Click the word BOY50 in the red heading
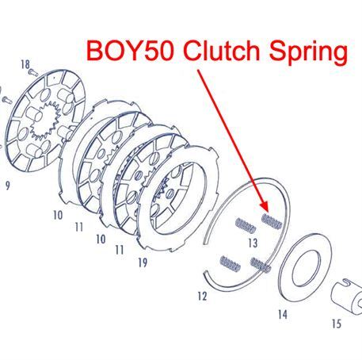[x=130, y=50]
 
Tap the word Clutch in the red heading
[x=221, y=50]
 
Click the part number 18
[x=25, y=64]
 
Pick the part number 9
[x=8, y=186]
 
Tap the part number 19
[x=143, y=262]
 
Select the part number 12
[x=202, y=297]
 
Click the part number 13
[x=253, y=243]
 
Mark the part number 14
[x=283, y=314]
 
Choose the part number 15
[x=337, y=324]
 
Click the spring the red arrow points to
[x=272, y=221]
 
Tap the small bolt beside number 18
[x=34, y=72]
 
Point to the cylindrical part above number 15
[x=346, y=295]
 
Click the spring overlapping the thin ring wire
[x=261, y=265]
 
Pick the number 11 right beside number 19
[x=120, y=250]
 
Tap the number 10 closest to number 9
[x=58, y=215]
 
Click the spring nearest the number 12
[x=230, y=264]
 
